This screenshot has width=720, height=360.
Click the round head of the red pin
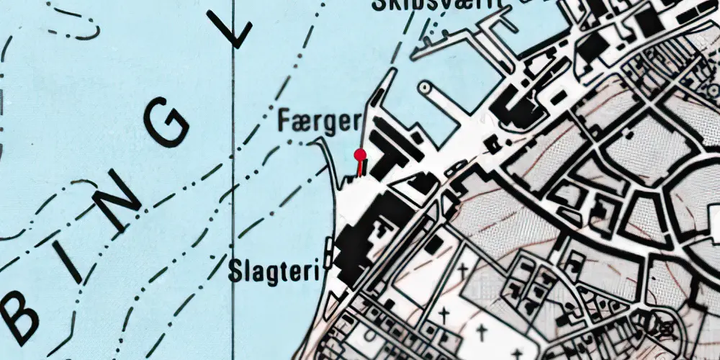(x=360, y=153)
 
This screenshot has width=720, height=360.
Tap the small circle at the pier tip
(x=425, y=88)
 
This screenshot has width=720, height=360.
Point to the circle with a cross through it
(x=662, y=326)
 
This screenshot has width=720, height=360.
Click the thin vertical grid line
(x=233, y=216)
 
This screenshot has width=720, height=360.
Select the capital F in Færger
(x=284, y=122)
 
